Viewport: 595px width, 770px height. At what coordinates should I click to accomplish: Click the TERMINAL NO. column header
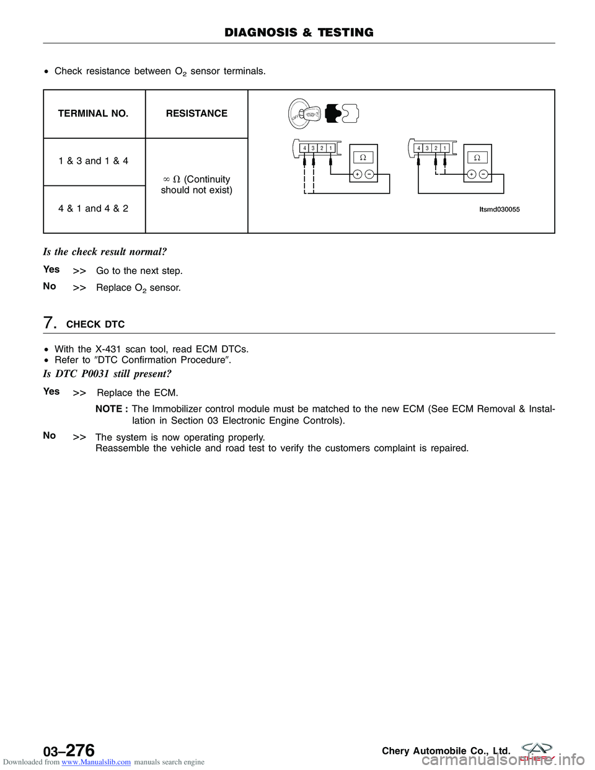[x=93, y=113]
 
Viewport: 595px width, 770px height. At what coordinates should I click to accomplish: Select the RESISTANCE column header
[x=196, y=113]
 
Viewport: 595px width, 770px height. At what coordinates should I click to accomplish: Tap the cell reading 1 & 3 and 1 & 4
[x=94, y=161]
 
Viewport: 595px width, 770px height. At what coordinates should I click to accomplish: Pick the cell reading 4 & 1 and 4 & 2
[x=94, y=208]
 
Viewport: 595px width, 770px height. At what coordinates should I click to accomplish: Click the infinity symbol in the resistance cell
[x=167, y=179]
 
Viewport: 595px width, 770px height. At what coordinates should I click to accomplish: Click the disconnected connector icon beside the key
[x=342, y=113]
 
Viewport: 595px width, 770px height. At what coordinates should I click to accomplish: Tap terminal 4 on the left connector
[x=304, y=148]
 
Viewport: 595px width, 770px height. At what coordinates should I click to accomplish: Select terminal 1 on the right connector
[x=445, y=148]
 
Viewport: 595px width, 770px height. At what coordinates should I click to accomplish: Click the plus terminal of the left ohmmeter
[x=358, y=174]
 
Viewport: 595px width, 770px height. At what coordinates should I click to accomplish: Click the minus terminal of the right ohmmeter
[x=483, y=174]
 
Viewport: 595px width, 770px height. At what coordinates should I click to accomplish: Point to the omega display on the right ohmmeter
[x=477, y=157]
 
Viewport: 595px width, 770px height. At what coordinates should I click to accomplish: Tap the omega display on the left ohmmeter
[x=363, y=157]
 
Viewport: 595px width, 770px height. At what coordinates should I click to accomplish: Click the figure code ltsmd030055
[x=500, y=210]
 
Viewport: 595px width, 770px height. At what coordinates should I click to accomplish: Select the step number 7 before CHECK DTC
[x=50, y=323]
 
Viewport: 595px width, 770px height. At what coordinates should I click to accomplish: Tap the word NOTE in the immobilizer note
[x=109, y=409]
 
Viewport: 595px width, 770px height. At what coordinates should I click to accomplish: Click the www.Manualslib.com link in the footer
[x=96, y=762]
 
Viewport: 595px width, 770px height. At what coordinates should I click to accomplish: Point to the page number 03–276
[x=69, y=751]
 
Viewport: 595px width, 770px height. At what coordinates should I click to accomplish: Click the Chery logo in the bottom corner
[x=537, y=751]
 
